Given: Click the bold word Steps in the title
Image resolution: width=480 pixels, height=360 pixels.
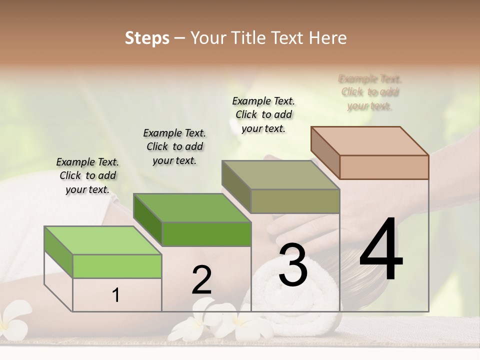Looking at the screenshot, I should click(x=147, y=38).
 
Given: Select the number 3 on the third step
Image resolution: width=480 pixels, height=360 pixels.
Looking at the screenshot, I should click(x=293, y=265).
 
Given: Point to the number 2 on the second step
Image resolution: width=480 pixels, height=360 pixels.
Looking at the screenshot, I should click(x=201, y=280).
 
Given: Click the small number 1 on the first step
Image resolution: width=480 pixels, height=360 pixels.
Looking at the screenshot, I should click(x=116, y=295).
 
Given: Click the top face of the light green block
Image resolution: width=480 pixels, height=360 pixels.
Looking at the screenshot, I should click(x=102, y=240).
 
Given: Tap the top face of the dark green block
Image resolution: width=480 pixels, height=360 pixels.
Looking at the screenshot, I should click(x=192, y=207).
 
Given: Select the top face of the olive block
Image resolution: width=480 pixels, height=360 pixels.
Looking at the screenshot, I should click(x=280, y=175).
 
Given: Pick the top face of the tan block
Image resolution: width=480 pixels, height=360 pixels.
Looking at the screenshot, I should click(x=369, y=141).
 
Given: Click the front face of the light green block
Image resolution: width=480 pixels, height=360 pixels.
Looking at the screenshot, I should click(x=117, y=266).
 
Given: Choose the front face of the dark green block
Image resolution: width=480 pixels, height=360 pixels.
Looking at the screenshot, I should click(x=206, y=234).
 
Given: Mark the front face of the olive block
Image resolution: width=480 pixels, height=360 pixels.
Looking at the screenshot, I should click(x=295, y=201).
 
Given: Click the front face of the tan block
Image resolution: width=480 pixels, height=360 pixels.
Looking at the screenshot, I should click(x=384, y=167).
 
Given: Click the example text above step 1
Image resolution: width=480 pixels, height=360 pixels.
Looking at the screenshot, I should click(x=87, y=175).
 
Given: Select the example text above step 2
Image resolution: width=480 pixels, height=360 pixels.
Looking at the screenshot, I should click(x=174, y=146).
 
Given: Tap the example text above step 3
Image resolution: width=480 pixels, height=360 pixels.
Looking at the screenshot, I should click(x=263, y=114).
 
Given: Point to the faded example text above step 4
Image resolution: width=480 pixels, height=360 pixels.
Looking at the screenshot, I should click(x=370, y=92).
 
